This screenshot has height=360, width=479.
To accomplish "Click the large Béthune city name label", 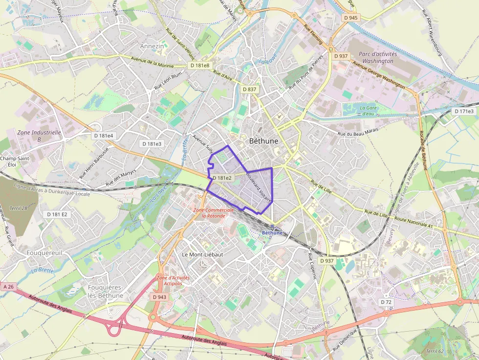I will [263, 141].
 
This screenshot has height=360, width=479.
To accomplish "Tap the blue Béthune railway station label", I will [272, 233].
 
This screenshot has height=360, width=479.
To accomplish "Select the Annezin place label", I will [152, 46].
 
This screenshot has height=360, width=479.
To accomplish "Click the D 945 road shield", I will [350, 18].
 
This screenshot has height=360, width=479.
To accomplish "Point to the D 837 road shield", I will [249, 89].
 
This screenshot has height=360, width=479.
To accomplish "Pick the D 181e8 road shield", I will [200, 65].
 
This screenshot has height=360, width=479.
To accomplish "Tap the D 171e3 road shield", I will [464, 111].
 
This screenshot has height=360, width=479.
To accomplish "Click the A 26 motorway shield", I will [8, 287].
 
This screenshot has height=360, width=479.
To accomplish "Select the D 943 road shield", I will [159, 297].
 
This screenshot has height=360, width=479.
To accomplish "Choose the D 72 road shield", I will [386, 302].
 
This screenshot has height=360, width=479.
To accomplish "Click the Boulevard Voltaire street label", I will [259, 186].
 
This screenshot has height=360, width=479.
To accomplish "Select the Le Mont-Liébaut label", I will [202, 254].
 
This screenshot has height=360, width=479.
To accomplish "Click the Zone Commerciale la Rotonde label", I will [210, 212].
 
